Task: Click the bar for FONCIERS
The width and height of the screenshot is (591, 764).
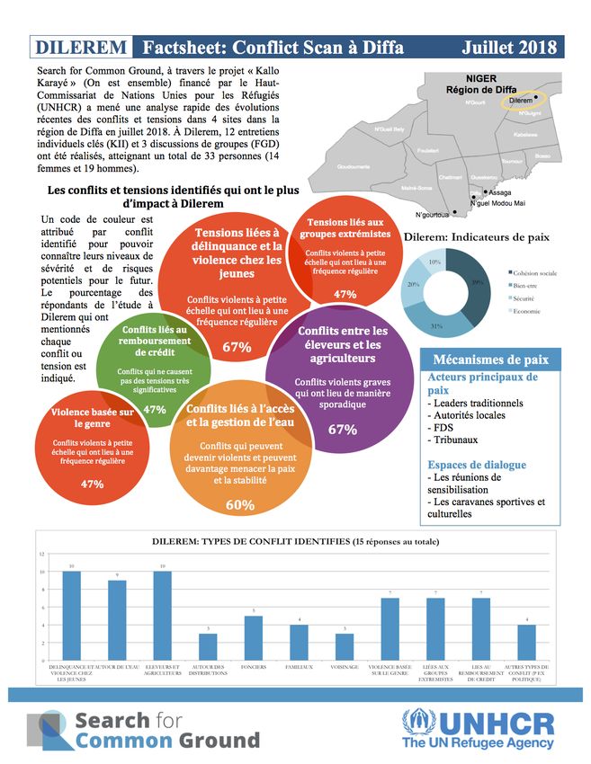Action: (254, 637)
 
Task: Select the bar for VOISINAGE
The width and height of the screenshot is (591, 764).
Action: (345, 646)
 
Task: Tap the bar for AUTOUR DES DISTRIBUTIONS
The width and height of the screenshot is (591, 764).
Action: (208, 646)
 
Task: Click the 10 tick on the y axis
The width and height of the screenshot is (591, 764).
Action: (42, 572)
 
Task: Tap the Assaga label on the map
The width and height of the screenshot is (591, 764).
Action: (501, 192)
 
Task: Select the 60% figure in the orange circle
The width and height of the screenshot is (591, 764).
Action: (240, 505)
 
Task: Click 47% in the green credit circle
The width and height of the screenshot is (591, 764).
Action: (155, 409)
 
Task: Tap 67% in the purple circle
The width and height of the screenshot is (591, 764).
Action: (343, 430)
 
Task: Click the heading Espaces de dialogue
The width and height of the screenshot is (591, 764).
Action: (477, 465)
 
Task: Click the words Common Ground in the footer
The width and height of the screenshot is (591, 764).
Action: (167, 740)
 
